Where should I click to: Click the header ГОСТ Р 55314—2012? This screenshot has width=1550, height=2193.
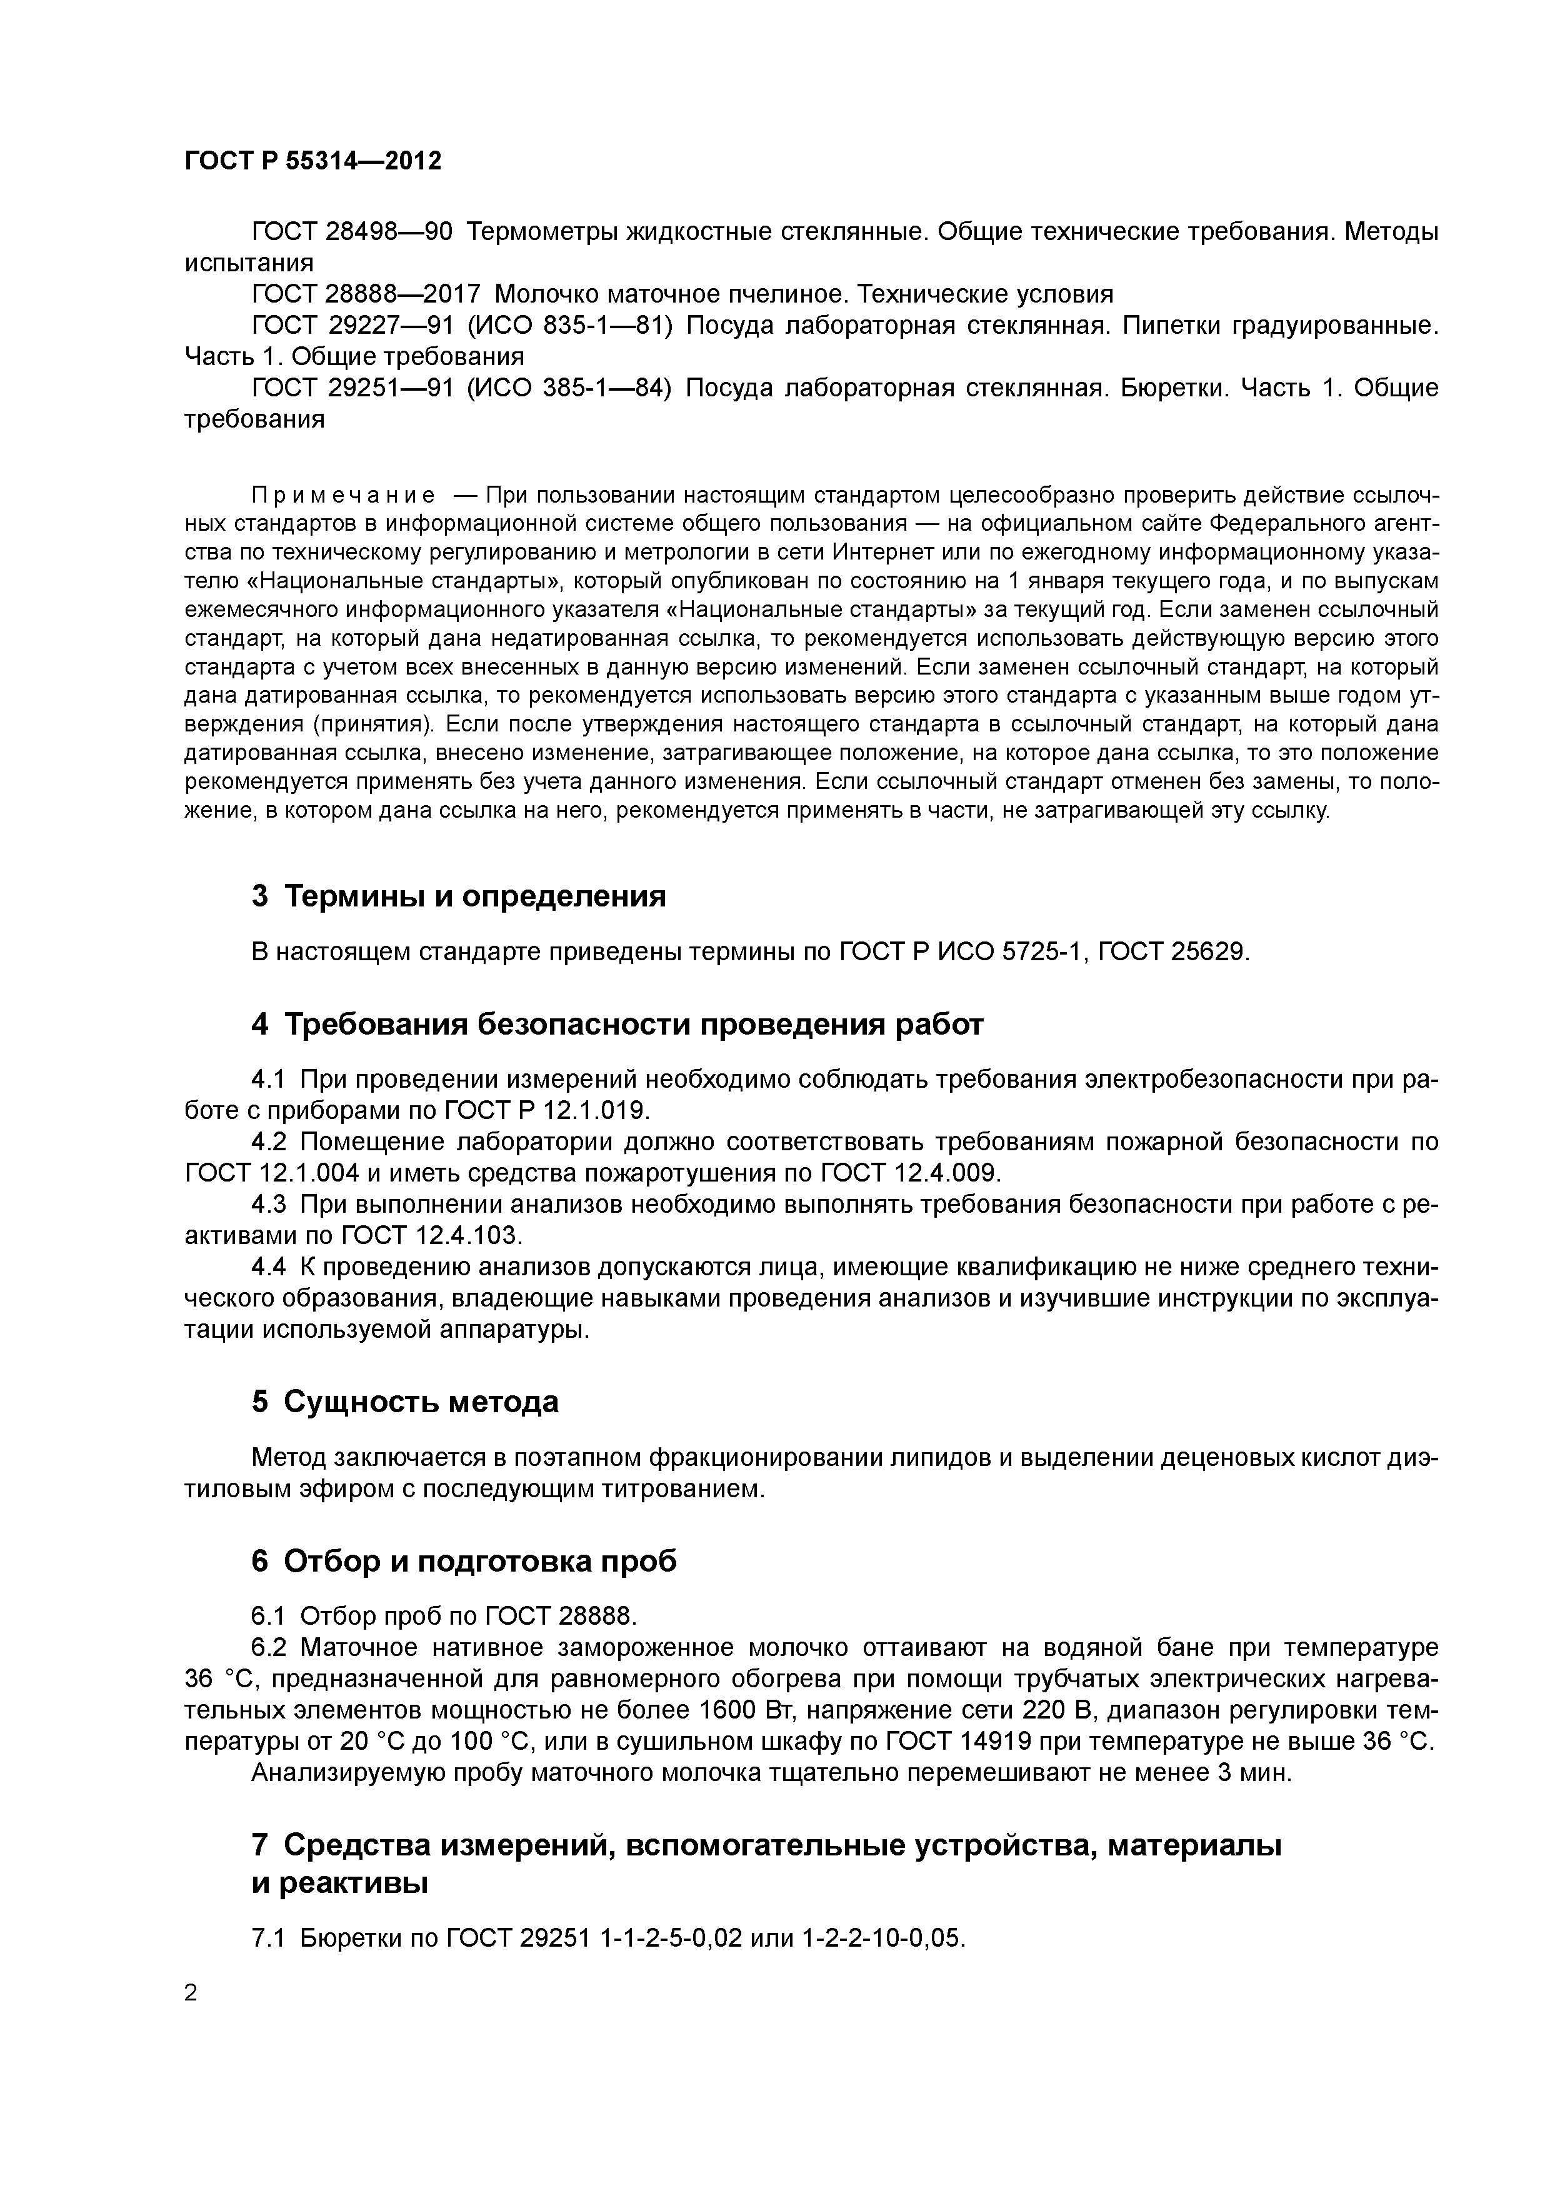312,161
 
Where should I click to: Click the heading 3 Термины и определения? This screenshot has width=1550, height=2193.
458,896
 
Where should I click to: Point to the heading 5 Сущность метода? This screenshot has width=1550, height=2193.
405,1402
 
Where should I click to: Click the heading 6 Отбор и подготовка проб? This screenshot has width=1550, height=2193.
464,1561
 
